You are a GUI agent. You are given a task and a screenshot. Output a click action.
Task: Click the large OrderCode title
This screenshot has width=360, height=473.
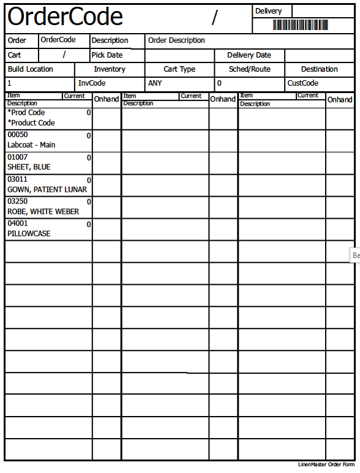(x=66, y=17)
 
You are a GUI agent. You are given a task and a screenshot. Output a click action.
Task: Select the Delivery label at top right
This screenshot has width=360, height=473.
(x=269, y=11)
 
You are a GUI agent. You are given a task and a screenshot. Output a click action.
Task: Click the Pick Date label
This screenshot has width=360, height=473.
(x=107, y=55)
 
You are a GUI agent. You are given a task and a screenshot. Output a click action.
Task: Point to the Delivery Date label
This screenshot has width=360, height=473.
(x=249, y=55)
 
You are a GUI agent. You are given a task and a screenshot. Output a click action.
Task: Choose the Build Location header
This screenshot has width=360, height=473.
(x=30, y=69)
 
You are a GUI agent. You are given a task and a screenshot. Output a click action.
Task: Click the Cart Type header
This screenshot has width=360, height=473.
(x=179, y=69)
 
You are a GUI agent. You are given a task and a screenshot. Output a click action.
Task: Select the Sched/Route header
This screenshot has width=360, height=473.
(x=250, y=69)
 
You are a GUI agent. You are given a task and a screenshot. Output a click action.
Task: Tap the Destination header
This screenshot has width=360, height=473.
(x=320, y=69)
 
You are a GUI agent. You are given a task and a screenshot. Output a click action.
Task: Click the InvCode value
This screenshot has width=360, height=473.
(x=92, y=83)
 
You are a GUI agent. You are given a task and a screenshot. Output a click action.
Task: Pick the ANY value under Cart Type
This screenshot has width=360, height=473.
(x=155, y=83)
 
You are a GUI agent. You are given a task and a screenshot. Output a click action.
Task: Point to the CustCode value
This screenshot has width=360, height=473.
(x=303, y=83)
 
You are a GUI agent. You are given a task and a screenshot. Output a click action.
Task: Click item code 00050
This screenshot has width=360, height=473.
(x=17, y=135)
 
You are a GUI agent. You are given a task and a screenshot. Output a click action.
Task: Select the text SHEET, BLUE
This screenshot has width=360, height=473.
(x=29, y=167)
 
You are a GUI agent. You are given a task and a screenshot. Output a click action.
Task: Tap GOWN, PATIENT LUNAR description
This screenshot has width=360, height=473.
(x=47, y=189)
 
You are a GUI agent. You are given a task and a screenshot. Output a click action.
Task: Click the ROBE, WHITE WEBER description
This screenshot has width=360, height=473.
(x=43, y=211)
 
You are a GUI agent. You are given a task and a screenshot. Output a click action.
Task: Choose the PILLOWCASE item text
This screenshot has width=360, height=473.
(x=29, y=233)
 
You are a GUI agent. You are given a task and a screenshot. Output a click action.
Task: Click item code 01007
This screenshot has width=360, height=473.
(x=17, y=157)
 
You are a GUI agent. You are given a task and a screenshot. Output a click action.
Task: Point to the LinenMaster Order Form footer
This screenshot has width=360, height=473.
(x=326, y=464)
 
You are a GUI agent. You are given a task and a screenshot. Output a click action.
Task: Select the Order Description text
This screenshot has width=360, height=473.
(x=177, y=40)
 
